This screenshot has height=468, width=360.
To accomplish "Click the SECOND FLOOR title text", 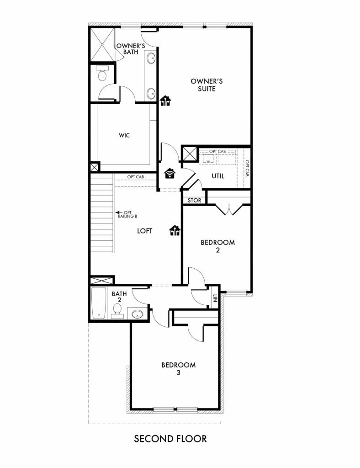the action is (x=170, y=438).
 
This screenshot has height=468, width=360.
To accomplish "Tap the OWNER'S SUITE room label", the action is (x=206, y=85).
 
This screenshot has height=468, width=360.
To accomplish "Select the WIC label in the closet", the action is (x=124, y=135).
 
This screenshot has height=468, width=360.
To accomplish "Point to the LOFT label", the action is (x=145, y=231).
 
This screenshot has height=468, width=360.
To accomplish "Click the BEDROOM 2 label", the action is (x=218, y=246).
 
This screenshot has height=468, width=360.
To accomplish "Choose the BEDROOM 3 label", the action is (x=178, y=369).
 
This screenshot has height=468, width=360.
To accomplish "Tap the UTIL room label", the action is (x=218, y=176).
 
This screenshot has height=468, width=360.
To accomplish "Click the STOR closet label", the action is (x=194, y=201).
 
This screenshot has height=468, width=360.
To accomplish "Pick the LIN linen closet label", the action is (x=215, y=298).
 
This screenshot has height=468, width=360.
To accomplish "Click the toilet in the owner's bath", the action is (x=102, y=73).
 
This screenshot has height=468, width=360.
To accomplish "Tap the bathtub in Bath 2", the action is (x=98, y=303).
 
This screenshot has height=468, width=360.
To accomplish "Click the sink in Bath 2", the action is (x=137, y=314).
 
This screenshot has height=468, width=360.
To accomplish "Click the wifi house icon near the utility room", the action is (x=170, y=173).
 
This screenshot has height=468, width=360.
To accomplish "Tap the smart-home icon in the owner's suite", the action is (x=165, y=101).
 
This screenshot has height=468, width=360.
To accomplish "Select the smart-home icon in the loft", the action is (x=175, y=230).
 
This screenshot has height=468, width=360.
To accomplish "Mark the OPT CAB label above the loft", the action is (x=136, y=177).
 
